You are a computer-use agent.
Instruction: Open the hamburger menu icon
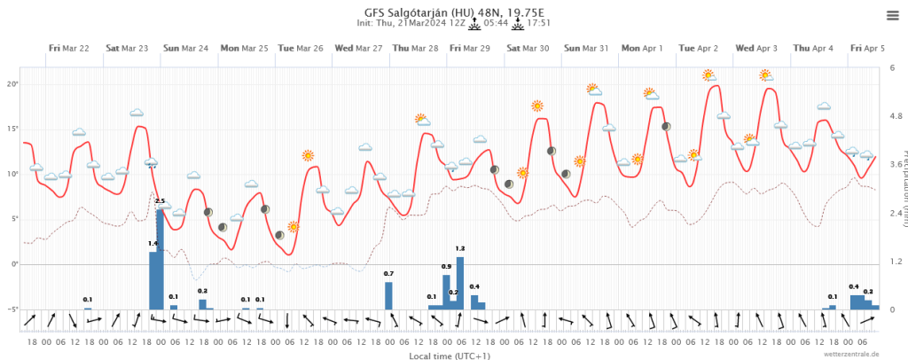[892, 15]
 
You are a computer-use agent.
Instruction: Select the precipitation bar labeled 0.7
[388, 295]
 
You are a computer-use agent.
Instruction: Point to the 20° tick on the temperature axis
[12, 83]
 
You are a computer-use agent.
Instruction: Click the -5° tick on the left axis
[12, 309]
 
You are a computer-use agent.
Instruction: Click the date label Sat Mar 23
[127, 48]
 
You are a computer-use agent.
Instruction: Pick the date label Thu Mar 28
[415, 48]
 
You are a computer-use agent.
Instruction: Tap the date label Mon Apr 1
[643, 48]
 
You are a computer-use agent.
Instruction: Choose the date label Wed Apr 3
[756, 48]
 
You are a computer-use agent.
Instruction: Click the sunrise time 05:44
[496, 24]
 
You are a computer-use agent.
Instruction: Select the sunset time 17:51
[539, 24]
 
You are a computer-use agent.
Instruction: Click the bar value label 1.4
[153, 243]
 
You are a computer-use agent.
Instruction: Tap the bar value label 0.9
[446, 266]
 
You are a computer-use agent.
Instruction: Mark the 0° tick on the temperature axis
[13, 264]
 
